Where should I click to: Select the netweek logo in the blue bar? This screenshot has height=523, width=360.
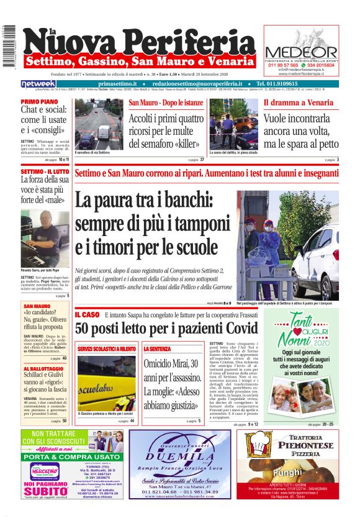[38, 83]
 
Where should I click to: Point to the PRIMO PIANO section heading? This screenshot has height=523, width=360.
[39, 101]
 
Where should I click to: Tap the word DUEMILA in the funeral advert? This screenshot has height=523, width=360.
[181, 455]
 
